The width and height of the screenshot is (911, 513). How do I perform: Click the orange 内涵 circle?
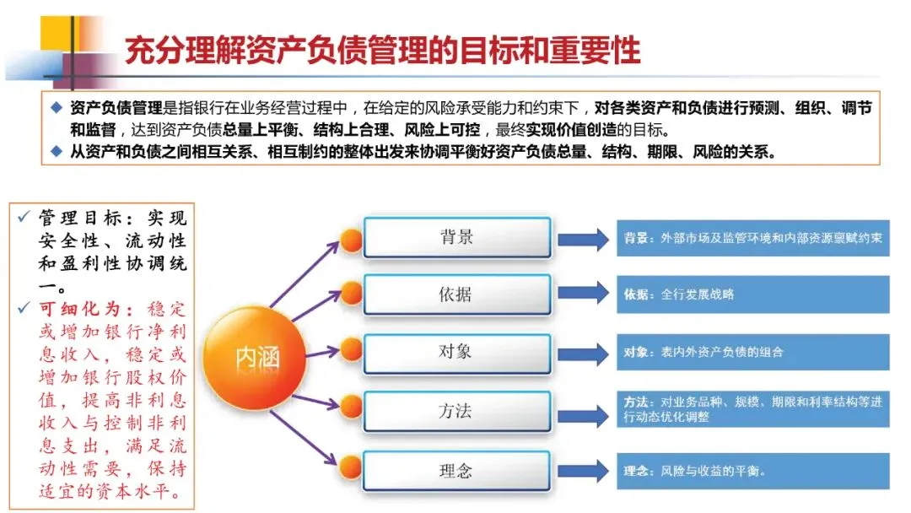pos(256,358)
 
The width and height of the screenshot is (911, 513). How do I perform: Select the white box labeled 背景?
pos(456,238)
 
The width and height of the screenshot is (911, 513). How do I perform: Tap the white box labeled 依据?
pos(456,294)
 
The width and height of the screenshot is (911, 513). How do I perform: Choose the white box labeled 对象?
pos(456,352)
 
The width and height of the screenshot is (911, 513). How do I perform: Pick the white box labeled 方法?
pos(456,412)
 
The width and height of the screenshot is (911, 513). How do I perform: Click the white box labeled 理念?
pos(456,471)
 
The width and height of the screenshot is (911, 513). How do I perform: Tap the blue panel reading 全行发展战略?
pos(751,294)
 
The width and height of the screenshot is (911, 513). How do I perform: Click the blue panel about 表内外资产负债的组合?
pos(751,353)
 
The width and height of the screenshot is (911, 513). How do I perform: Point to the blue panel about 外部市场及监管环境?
pos(751,239)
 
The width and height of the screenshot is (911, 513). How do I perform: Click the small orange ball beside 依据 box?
pos(352,294)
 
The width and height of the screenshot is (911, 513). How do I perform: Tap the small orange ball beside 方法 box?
pos(352,412)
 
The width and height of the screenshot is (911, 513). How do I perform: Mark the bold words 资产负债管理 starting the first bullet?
pos(110,109)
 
